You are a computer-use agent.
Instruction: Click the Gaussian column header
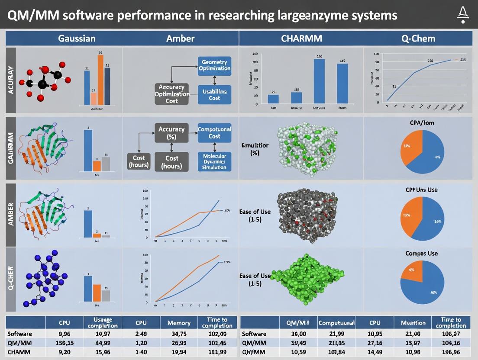(77, 39)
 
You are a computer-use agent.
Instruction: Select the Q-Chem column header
(418, 39)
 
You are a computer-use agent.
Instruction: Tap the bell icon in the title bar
(462, 15)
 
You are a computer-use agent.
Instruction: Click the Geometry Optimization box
(214, 65)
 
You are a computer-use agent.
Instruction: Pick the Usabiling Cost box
(214, 94)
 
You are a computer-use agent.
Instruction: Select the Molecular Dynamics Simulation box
(214, 161)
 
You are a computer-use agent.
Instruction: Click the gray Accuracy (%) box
(171, 132)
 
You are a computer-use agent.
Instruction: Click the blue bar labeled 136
(319, 81)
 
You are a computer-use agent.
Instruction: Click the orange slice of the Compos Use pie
(410, 271)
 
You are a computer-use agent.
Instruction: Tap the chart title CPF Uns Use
(421, 190)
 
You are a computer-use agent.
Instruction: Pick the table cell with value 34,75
(179, 334)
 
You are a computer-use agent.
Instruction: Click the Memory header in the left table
(179, 323)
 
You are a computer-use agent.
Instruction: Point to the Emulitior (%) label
(255, 149)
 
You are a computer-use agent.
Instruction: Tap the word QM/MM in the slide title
(32, 16)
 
